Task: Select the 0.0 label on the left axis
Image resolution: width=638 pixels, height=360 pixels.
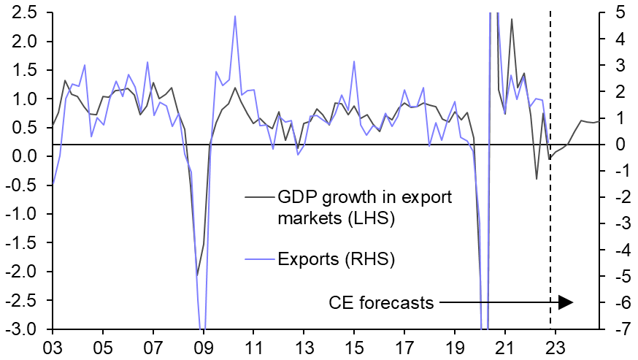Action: (x=26, y=156)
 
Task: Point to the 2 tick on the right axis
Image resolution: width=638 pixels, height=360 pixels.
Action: (x=615, y=91)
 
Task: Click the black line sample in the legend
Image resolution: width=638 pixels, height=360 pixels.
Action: (x=258, y=197)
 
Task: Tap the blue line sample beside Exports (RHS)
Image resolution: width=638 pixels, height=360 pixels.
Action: (x=258, y=257)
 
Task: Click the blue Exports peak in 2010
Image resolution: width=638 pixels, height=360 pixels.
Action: (x=234, y=16)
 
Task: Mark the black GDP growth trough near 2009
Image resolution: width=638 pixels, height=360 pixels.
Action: (x=196, y=275)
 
